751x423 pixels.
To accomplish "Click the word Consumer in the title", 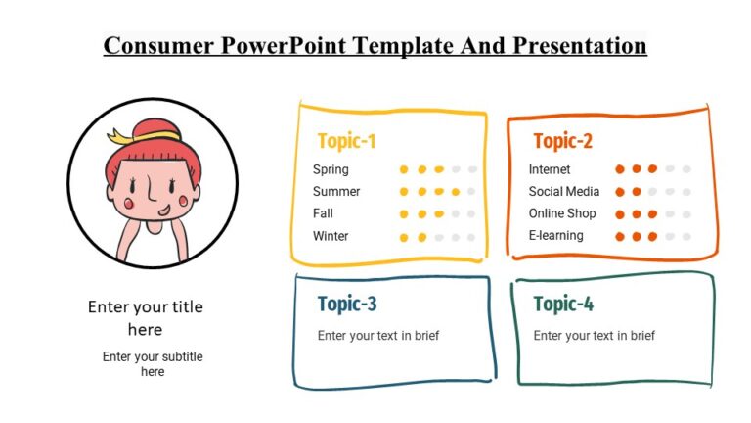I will point(161,46).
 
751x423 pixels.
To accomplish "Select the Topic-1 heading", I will point(346,141).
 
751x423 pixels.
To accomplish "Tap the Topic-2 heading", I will point(562,141).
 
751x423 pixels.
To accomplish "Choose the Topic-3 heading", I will point(347,304).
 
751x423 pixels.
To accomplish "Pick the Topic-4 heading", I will point(563,304).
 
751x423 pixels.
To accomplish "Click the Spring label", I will point(331,169).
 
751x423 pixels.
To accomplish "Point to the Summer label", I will point(336,192).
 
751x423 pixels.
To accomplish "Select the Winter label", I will point(331,236).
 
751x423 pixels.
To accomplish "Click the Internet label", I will point(550,169).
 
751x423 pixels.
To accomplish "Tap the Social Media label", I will point(564,192).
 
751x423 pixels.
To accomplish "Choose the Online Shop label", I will point(562,213).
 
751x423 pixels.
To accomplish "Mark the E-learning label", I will point(556,236).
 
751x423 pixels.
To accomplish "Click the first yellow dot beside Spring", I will point(404,169).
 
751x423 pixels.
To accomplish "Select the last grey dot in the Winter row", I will point(472,237).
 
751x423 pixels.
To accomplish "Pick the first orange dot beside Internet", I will point(619,169).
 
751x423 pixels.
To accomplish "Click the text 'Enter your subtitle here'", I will point(153,364).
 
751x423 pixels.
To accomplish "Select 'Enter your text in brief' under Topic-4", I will point(594,336).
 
